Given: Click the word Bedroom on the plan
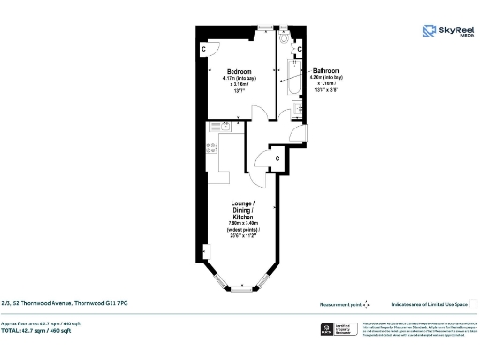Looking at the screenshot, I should (x=237, y=71).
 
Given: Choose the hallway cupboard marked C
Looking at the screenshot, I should (x=277, y=159).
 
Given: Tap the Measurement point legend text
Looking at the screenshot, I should (x=340, y=303).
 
